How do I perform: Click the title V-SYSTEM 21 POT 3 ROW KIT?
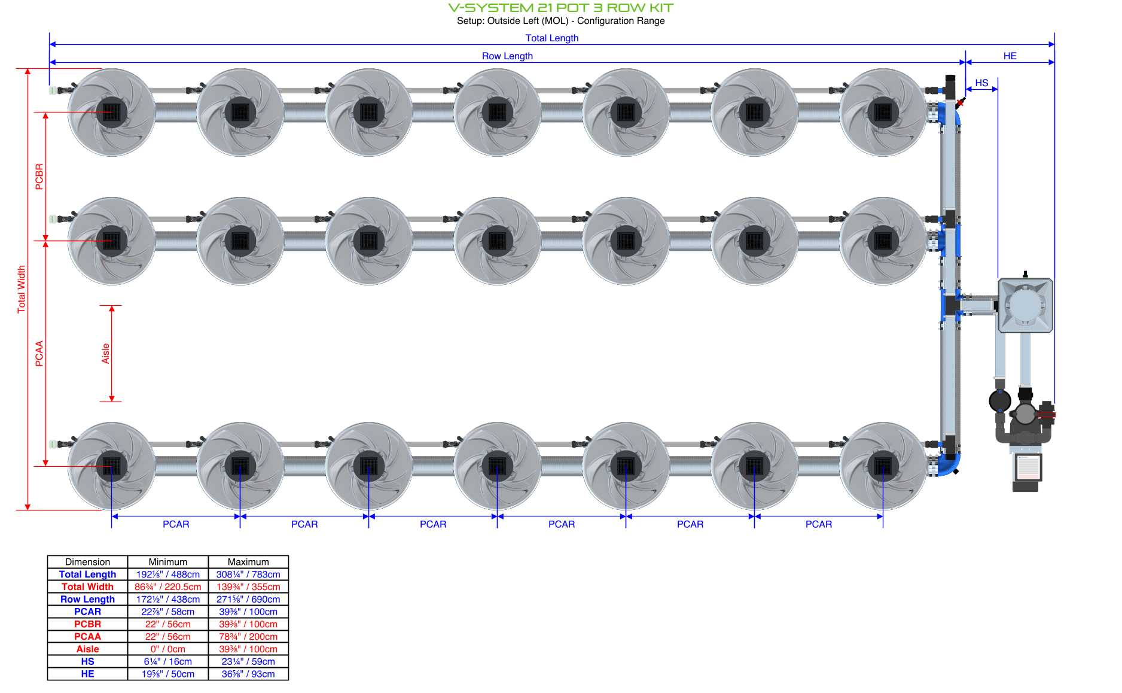click(x=560, y=8)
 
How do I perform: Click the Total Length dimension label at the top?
click(x=551, y=38)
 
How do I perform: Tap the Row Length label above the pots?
click(x=507, y=56)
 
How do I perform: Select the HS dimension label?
click(x=981, y=83)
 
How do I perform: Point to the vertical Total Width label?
click(x=22, y=289)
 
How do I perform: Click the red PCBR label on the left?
click(x=39, y=177)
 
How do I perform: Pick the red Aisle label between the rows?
click(x=106, y=353)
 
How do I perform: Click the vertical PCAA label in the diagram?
click(x=39, y=353)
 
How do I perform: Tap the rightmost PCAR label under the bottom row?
click(x=818, y=524)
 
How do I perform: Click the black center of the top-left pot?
click(x=112, y=112)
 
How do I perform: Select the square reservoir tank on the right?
click(x=1025, y=305)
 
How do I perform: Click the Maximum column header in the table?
click(x=248, y=562)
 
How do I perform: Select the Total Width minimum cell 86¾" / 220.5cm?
click(x=167, y=587)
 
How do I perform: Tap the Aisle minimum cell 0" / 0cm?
click(x=167, y=649)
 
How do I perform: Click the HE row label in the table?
click(x=87, y=674)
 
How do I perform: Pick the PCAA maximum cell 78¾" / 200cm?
click(x=248, y=637)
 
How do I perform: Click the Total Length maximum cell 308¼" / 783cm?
click(x=248, y=575)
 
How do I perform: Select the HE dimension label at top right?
click(x=1010, y=56)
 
